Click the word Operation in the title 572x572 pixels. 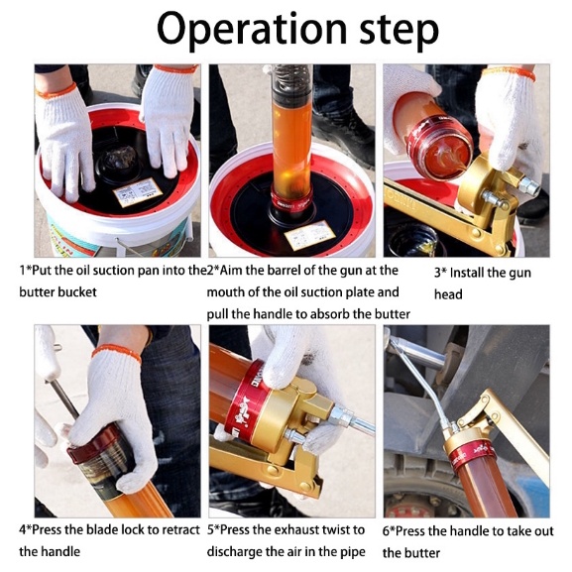[x=252, y=29]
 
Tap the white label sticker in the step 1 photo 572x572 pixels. [x=138, y=192]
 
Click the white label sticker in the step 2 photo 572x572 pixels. [x=309, y=234]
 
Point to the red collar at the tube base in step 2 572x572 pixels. [x=291, y=201]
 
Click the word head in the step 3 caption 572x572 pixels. [x=448, y=294]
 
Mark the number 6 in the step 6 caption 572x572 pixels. [x=387, y=531]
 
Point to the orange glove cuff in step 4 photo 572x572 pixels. [x=116, y=353]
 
